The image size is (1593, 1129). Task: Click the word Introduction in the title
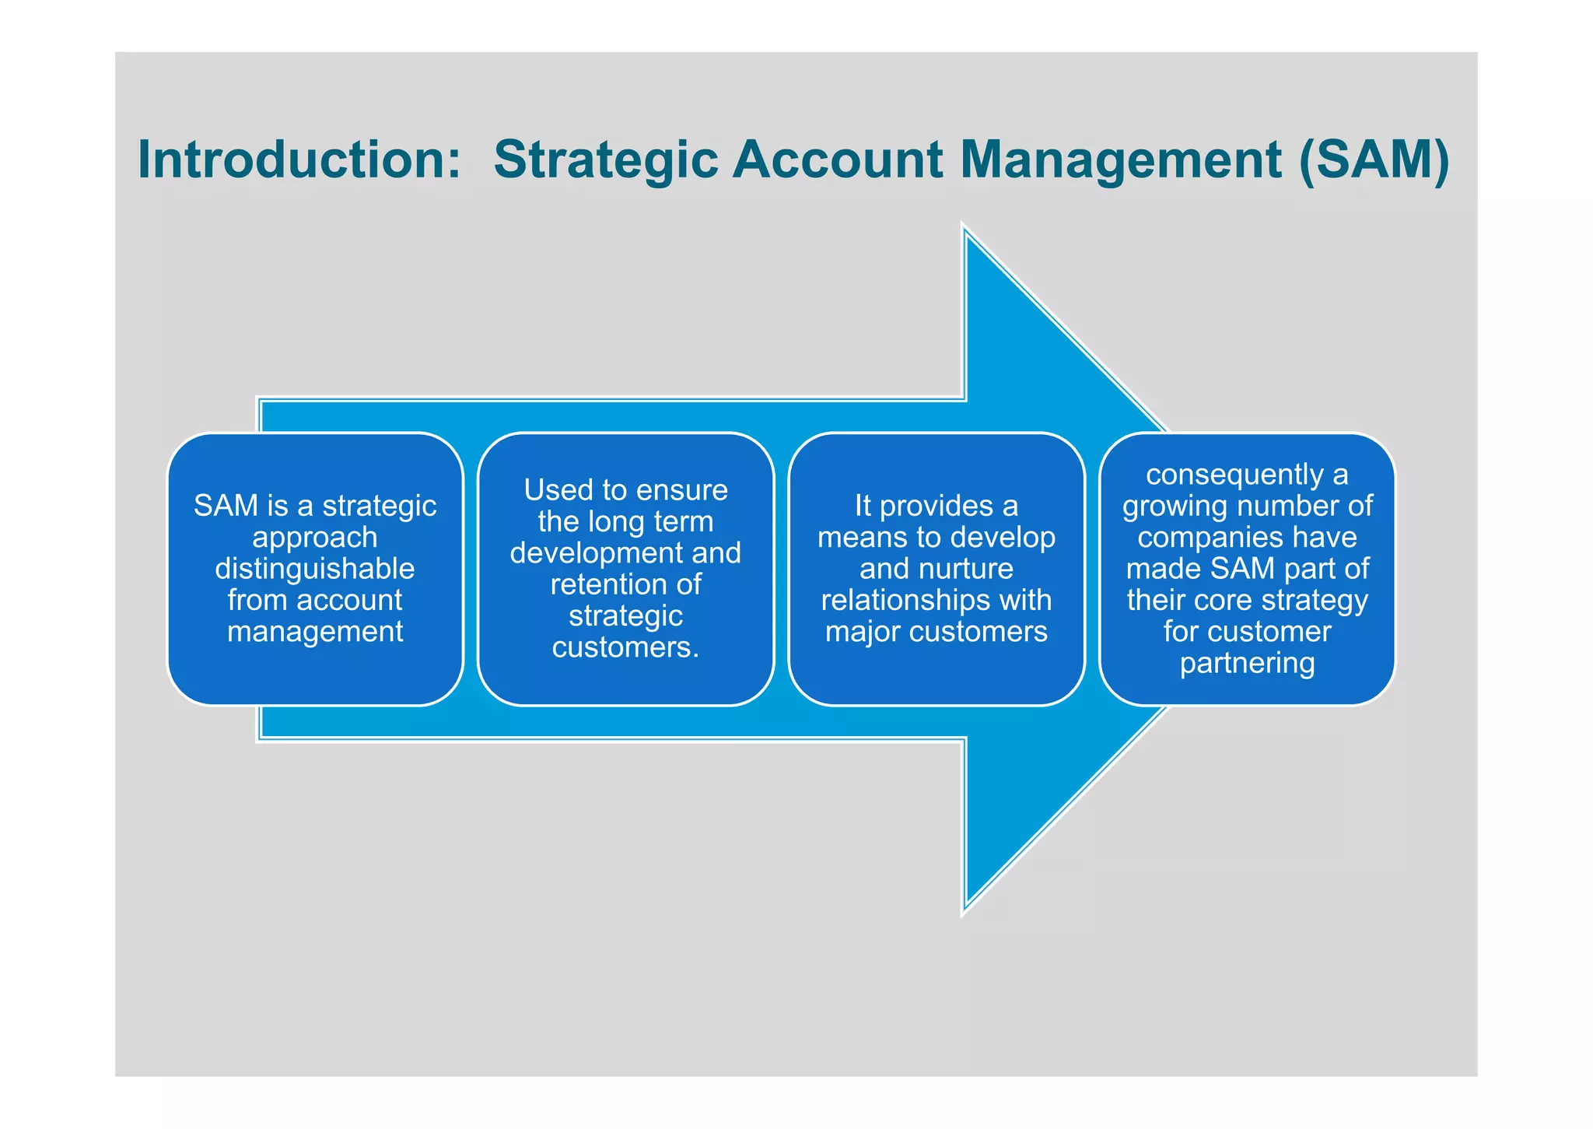(x=299, y=160)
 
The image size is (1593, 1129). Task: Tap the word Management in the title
(x=1121, y=160)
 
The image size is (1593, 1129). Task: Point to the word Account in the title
(x=838, y=160)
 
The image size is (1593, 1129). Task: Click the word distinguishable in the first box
(x=315, y=569)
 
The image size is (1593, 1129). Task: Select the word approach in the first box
(x=315, y=538)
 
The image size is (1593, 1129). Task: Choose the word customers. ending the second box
(x=625, y=647)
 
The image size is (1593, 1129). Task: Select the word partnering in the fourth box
(x=1247, y=664)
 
